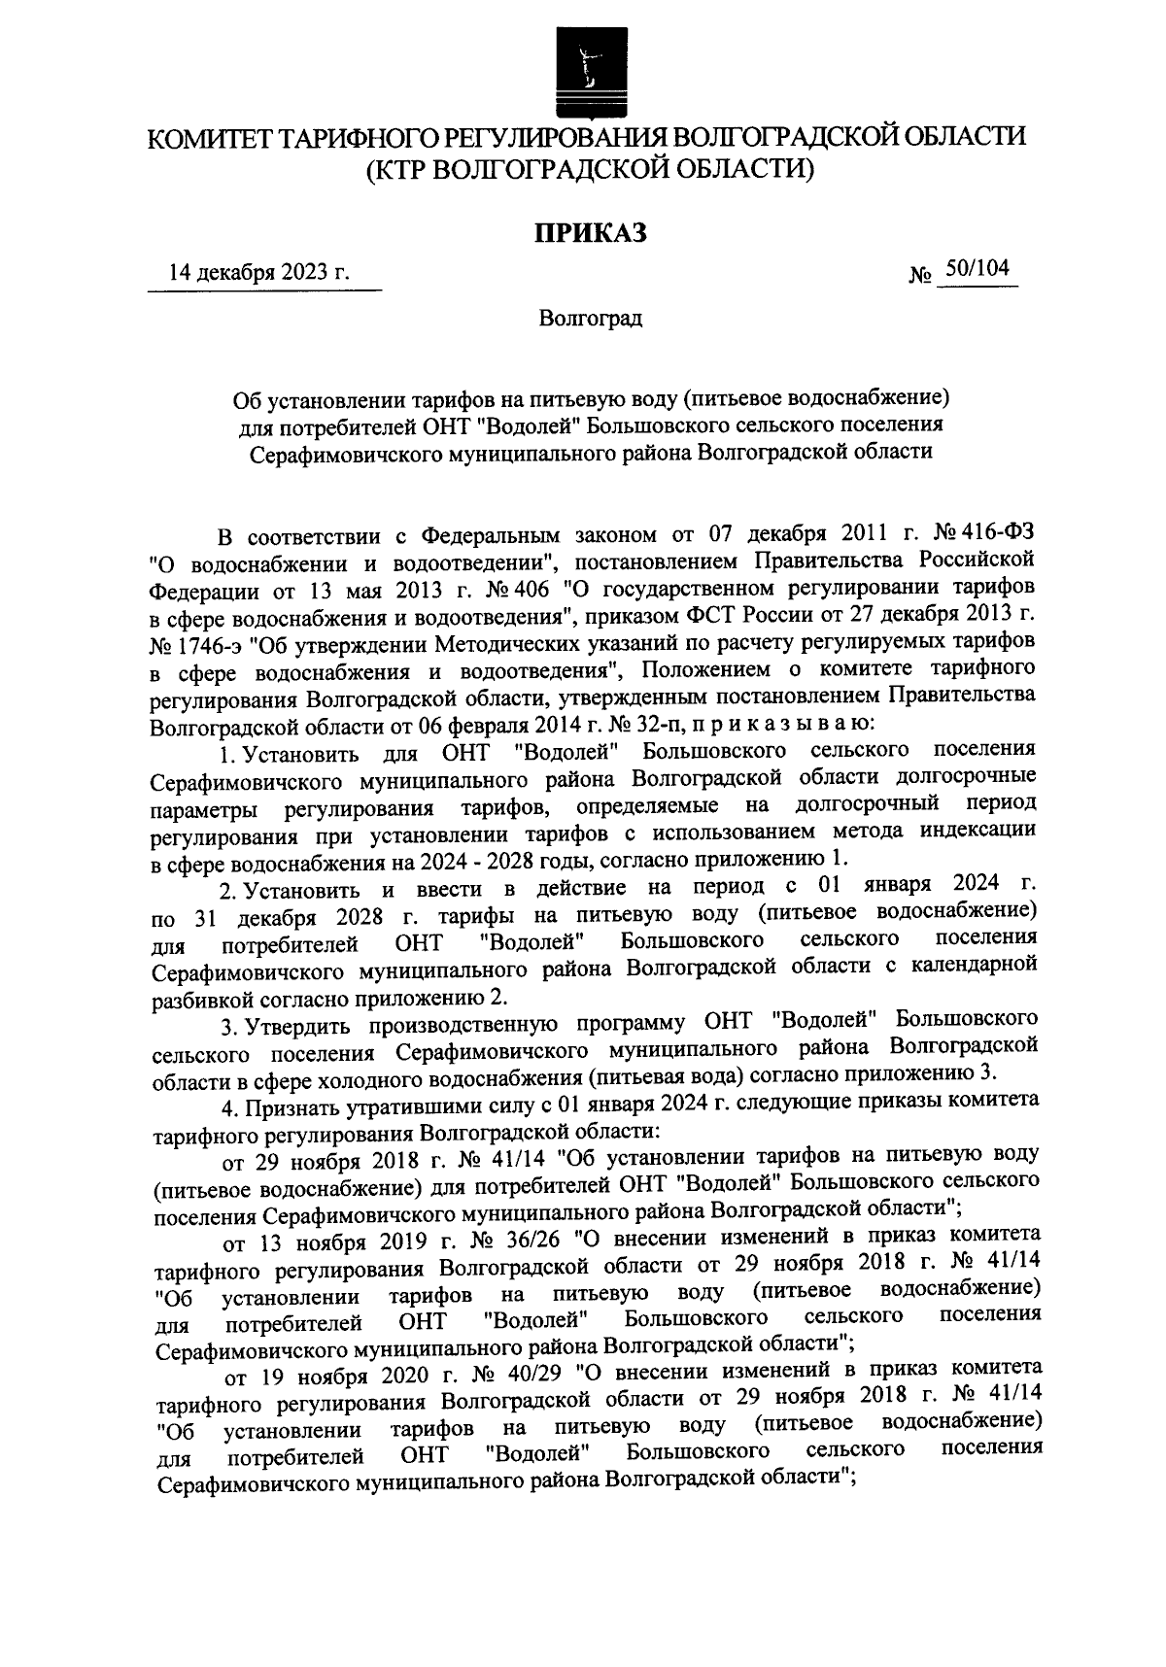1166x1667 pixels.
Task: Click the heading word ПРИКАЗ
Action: tap(586, 234)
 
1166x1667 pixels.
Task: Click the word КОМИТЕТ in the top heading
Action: tap(209, 137)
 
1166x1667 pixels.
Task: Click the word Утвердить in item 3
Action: tap(292, 1022)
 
